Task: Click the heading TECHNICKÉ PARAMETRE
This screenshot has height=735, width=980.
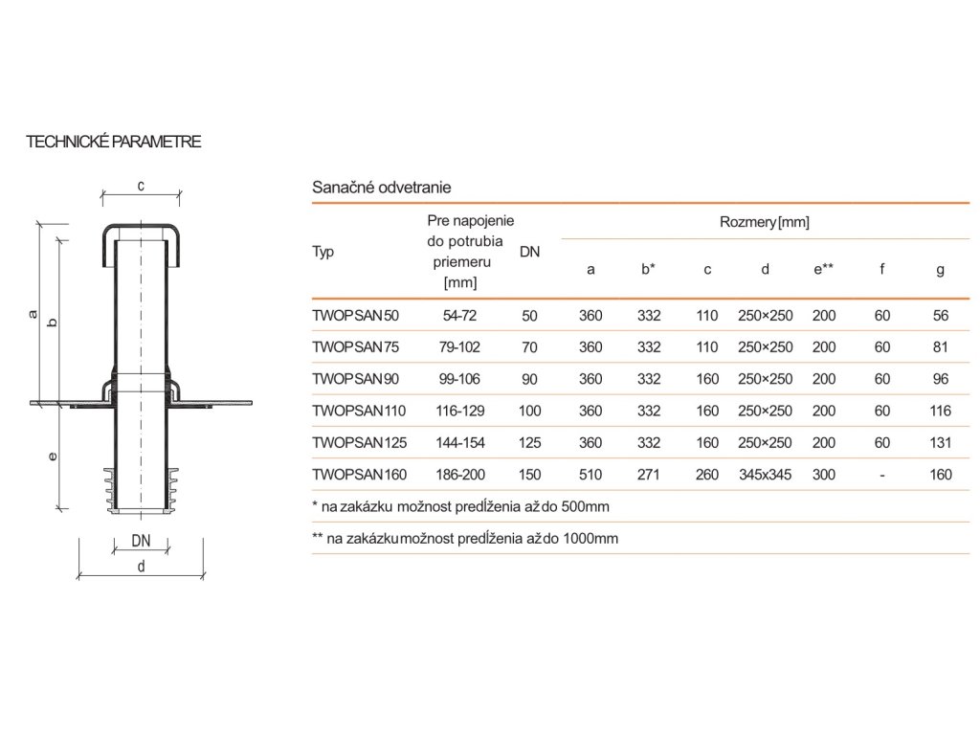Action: click(x=113, y=142)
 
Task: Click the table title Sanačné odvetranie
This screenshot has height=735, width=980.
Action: click(x=381, y=188)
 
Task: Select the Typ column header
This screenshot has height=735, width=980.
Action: click(x=323, y=253)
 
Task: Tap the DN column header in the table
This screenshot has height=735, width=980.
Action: click(x=529, y=253)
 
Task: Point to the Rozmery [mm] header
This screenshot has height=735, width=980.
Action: click(x=764, y=223)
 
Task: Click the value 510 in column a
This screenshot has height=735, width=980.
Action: click(x=590, y=474)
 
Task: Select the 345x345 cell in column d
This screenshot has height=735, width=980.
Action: click(x=765, y=474)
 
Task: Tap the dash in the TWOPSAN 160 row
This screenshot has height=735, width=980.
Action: click(x=881, y=474)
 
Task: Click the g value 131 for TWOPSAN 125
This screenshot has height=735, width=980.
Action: click(x=940, y=442)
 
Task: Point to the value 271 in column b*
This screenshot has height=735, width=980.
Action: click(x=649, y=474)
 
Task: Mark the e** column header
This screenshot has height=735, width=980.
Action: click(x=823, y=270)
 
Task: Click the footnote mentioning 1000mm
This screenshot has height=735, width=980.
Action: click(x=465, y=539)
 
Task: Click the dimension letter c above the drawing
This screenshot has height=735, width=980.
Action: click(x=141, y=186)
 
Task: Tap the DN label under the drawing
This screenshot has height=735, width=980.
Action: click(x=141, y=541)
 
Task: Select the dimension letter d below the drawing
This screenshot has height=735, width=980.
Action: click(x=141, y=566)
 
